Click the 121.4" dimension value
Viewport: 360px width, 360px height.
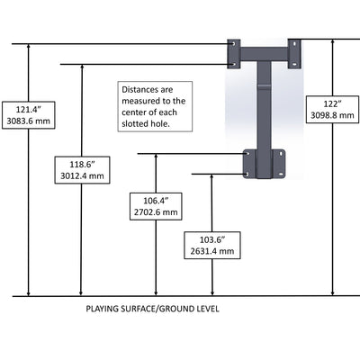click(29, 110)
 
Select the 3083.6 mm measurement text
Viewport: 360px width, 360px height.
click(29, 121)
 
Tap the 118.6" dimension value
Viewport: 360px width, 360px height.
click(82, 165)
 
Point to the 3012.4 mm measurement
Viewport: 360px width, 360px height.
click(82, 175)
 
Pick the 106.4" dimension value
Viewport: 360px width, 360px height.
click(156, 201)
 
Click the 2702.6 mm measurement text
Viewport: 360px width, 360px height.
click(156, 212)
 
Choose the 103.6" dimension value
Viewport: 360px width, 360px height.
click(212, 239)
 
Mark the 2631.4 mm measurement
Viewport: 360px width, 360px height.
click(212, 251)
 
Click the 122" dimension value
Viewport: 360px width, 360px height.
click(332, 103)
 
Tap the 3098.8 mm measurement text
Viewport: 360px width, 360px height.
click(332, 115)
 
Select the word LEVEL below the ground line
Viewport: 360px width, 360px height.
click(208, 309)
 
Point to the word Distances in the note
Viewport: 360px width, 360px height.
click(139, 90)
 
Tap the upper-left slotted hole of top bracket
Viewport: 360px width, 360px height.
click(234, 44)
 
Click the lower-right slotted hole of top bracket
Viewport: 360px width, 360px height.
click(295, 64)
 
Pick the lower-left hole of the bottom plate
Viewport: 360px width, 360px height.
click(247, 174)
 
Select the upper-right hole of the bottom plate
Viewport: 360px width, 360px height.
click(281, 154)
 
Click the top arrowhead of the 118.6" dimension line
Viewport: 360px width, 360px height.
click(82, 67)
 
